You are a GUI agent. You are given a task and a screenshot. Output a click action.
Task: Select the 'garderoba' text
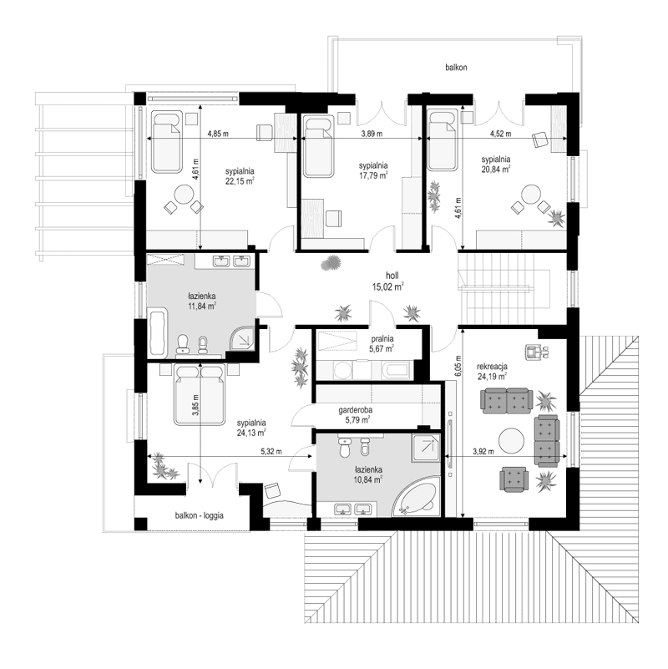[355, 410]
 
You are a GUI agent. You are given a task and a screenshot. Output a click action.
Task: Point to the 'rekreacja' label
[493, 366]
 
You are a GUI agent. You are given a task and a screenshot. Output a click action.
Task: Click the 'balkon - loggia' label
[199, 515]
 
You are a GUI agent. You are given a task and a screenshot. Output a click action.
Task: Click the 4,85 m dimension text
[218, 134]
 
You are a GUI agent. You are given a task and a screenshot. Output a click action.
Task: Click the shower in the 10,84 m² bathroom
[426, 448]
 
